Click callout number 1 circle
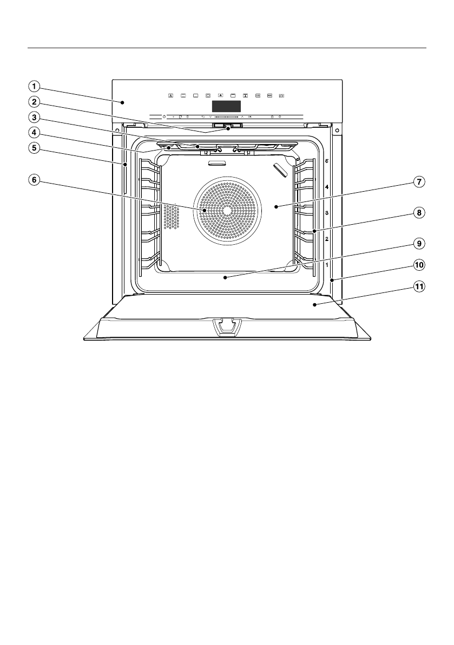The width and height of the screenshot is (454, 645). pyautogui.click(x=34, y=86)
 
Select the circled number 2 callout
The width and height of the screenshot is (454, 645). pyautogui.click(x=34, y=101)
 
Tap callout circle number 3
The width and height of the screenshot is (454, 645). pyautogui.click(x=34, y=116)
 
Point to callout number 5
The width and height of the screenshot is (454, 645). pyautogui.click(x=34, y=147)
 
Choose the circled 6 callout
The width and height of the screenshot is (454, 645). pyautogui.click(x=34, y=181)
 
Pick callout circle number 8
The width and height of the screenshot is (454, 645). pyautogui.click(x=418, y=213)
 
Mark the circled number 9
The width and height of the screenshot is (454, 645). pyautogui.click(x=418, y=244)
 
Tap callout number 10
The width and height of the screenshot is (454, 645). pyautogui.click(x=418, y=265)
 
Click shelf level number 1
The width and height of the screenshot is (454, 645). pyautogui.click(x=327, y=265)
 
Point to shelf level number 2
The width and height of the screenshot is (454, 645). pyautogui.click(x=327, y=239)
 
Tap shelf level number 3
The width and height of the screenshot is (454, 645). pyautogui.click(x=327, y=213)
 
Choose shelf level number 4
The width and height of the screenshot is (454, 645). pyautogui.click(x=327, y=187)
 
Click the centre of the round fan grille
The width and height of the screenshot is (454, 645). pyautogui.click(x=226, y=209)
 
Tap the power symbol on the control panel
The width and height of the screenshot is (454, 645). pyautogui.click(x=164, y=116)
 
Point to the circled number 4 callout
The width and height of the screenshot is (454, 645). pyautogui.click(x=34, y=132)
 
